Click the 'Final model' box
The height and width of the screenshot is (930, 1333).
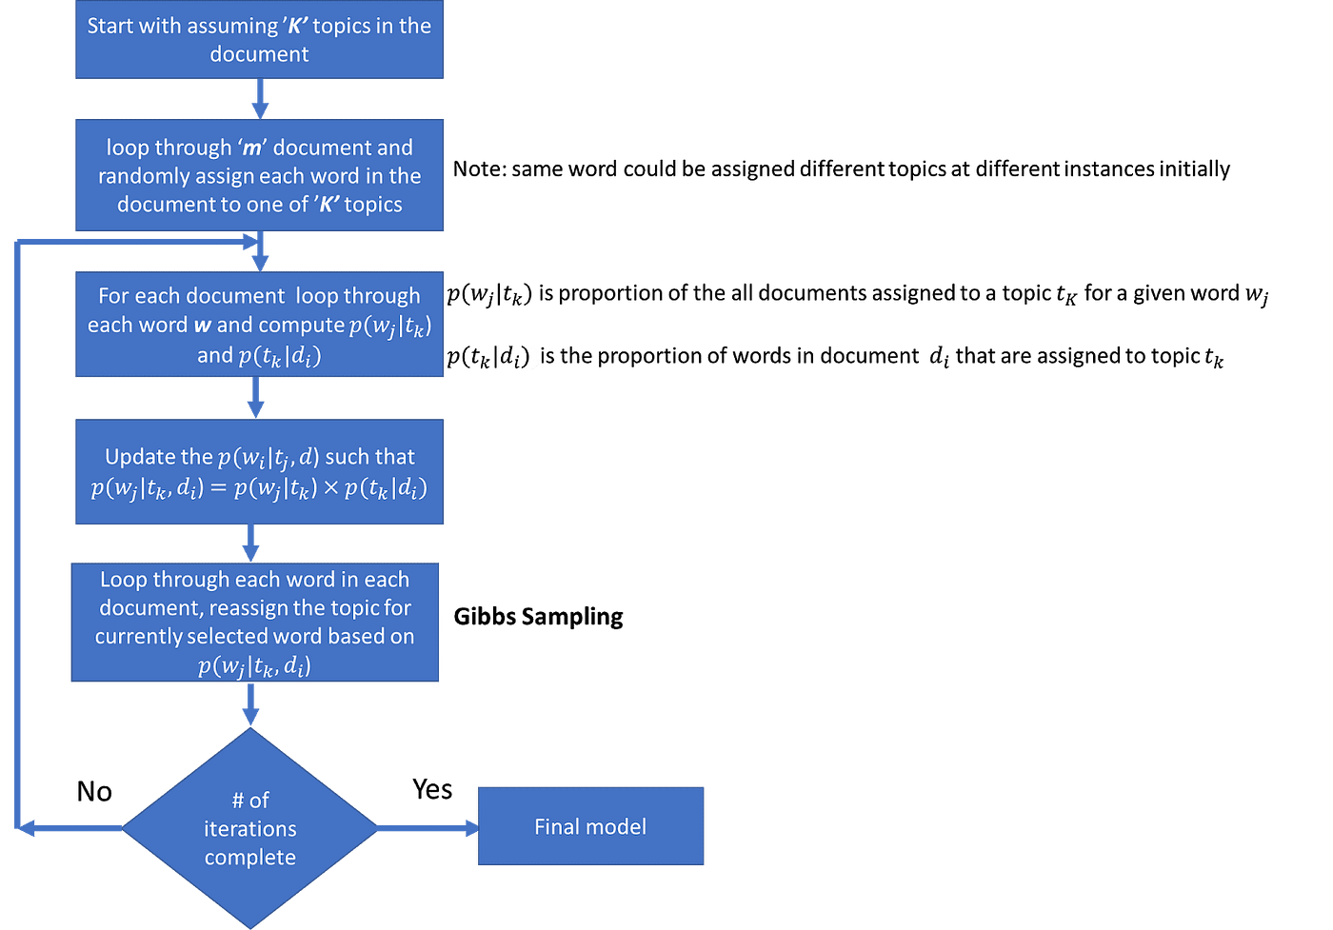590,825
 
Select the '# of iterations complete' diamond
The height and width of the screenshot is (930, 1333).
250,828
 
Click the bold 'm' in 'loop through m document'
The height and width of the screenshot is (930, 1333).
252,148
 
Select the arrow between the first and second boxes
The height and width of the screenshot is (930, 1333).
260,99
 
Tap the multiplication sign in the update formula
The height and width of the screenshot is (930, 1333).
330,488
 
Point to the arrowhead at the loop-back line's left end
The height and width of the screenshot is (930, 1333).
27,829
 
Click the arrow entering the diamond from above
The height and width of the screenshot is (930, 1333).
250,705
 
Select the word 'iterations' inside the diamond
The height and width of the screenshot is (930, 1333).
250,829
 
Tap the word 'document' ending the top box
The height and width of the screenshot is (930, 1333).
259,54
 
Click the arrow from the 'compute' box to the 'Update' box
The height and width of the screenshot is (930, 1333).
255,398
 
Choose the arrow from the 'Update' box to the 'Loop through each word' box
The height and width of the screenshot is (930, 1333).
250,543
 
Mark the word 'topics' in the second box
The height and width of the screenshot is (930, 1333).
373,205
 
